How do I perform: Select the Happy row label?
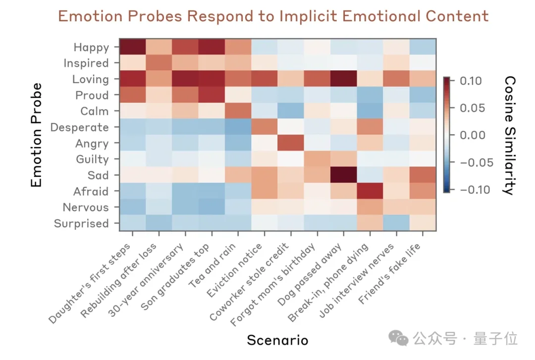(x=92, y=47)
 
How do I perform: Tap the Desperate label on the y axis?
(x=79, y=127)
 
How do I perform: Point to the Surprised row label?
(x=82, y=223)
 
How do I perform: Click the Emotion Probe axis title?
(x=36, y=135)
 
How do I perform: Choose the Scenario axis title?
(x=277, y=340)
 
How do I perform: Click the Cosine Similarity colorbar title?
(x=510, y=135)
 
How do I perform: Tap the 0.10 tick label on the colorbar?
(x=471, y=81)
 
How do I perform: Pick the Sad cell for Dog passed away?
(x=344, y=175)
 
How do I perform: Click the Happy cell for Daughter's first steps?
(x=133, y=47)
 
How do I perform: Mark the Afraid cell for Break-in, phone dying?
(x=370, y=191)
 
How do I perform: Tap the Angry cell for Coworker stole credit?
(x=291, y=143)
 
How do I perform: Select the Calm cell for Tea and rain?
(x=238, y=110)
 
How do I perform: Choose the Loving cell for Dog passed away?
(x=344, y=78)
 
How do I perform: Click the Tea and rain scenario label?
(x=213, y=265)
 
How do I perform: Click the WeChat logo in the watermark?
(x=398, y=338)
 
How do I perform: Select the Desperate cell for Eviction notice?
(x=265, y=127)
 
